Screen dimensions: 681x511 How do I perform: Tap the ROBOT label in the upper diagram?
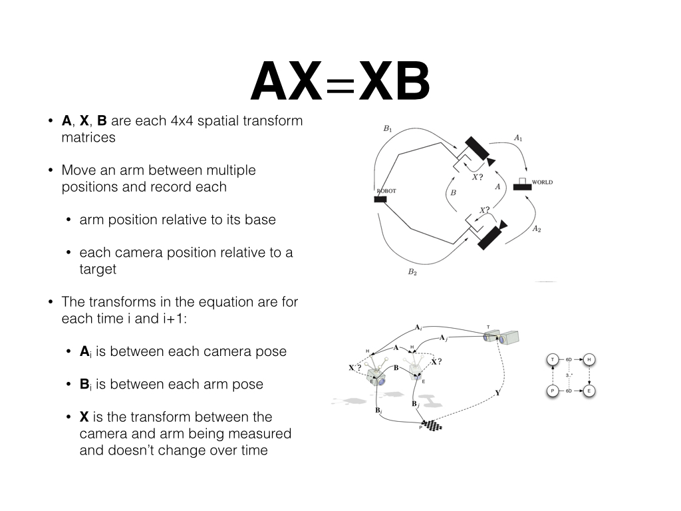(386, 191)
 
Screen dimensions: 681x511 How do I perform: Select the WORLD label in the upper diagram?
(542, 182)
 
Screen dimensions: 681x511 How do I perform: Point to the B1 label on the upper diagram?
(388, 128)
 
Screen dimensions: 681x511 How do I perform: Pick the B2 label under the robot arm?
(412, 271)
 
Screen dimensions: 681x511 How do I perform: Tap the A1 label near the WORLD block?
(518, 138)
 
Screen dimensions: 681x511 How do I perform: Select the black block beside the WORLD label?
(522, 186)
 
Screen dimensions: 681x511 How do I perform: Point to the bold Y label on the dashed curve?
(497, 393)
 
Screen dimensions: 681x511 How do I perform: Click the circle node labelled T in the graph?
(552, 360)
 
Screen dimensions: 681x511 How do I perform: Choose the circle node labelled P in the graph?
(552, 391)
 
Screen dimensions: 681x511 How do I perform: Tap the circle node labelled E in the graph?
(589, 391)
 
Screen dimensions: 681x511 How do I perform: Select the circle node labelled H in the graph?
(589, 360)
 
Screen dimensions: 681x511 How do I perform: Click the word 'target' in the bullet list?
(98, 269)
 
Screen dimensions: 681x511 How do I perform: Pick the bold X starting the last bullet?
(84, 417)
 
